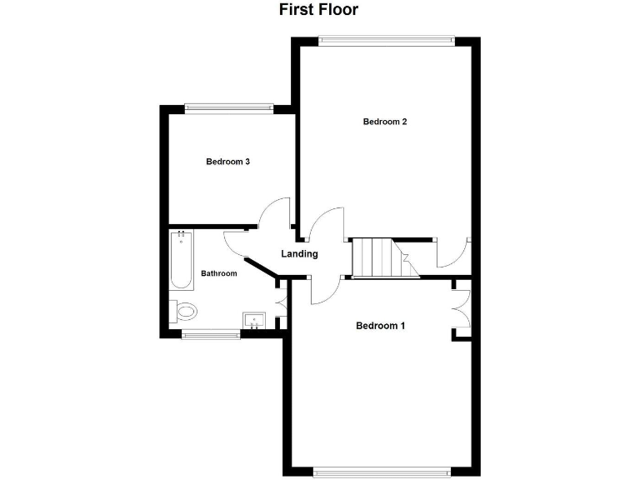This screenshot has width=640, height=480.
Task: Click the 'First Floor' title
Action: coord(318,10)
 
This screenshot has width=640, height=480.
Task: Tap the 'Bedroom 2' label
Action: coord(385,122)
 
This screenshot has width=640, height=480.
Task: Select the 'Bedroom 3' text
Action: coord(228,162)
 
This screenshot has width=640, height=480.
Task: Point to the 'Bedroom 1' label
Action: coord(380,325)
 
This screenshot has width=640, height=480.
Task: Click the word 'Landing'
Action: coord(299,254)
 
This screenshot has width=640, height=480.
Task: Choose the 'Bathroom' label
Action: coord(219,273)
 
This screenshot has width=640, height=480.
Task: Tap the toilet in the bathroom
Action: coord(184,312)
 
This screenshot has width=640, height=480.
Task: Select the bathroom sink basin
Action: coord(254,320)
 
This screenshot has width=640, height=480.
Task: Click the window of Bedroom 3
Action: coord(229,106)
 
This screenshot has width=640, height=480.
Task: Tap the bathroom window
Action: coord(210,335)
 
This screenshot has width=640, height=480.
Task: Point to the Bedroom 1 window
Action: coord(384,472)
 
